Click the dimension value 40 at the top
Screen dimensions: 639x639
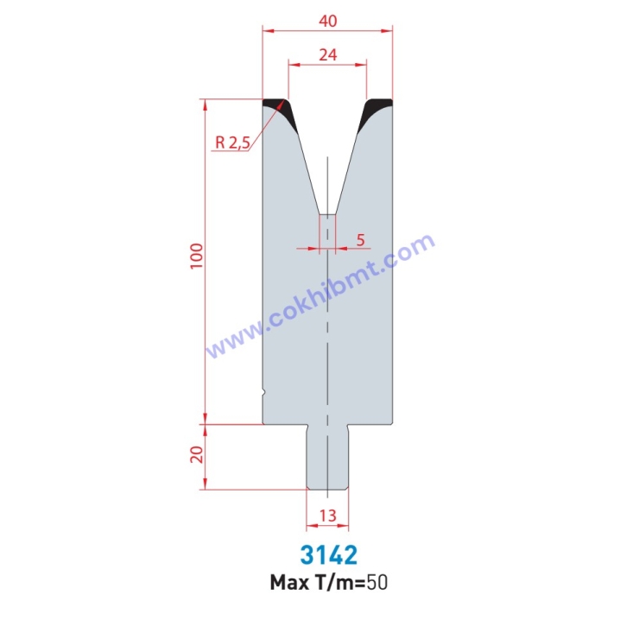point(326,16)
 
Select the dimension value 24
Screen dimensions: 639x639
point(326,53)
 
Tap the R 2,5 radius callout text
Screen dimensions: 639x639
point(231,142)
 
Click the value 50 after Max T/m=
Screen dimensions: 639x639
point(377,583)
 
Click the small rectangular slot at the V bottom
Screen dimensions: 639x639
point(328,229)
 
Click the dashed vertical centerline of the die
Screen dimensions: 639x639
point(328,345)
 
